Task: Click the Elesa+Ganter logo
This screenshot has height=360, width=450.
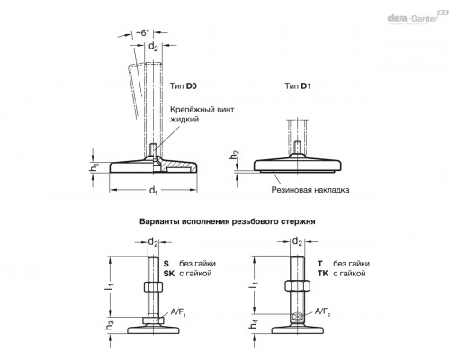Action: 417,17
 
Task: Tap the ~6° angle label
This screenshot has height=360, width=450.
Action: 145,32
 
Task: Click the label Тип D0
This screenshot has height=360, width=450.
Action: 184,86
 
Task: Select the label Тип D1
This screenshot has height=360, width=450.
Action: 298,86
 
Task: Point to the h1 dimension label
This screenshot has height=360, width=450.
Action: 94,168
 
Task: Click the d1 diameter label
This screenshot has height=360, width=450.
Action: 154,191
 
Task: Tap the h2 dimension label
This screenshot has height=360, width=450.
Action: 235,155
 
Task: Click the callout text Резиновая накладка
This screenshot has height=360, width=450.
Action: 310,190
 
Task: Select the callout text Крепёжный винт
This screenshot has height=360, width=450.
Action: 202,110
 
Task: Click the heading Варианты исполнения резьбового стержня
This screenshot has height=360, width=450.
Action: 228,221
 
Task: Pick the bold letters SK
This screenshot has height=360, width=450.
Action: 169,274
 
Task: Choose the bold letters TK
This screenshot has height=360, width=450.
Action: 323,274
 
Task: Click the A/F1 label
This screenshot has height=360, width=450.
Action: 178,312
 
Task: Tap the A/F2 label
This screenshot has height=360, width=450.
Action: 322,312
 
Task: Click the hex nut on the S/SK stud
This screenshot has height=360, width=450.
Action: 153,286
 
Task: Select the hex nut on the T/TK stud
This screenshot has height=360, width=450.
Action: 297,285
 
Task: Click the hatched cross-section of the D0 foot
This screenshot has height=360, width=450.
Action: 177,166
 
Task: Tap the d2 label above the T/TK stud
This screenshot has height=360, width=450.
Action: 297,241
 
